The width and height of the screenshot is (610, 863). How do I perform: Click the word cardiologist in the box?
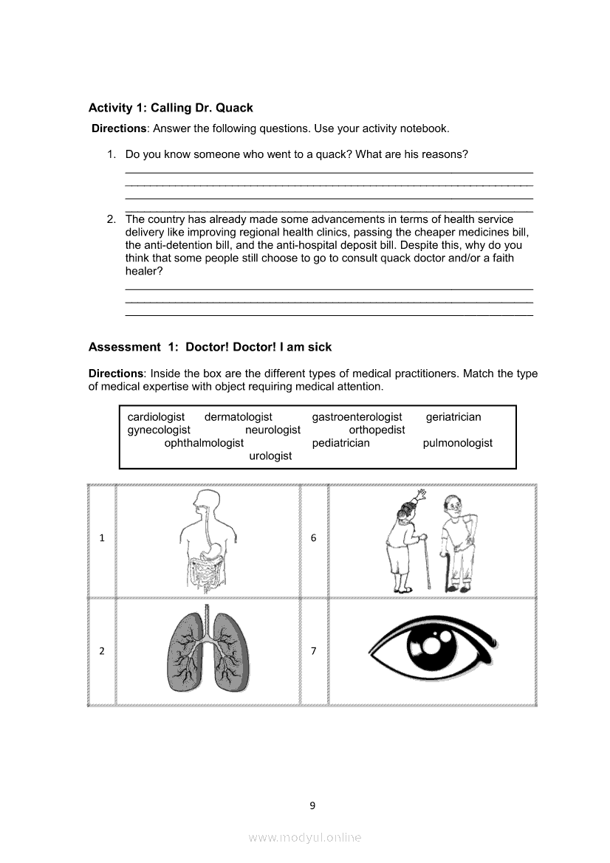156,417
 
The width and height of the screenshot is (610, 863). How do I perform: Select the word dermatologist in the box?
238,417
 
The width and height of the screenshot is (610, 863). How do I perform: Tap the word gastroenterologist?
357,417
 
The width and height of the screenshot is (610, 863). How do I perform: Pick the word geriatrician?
453,417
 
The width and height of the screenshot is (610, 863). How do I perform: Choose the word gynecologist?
159,430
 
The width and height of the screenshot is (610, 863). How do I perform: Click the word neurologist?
273,430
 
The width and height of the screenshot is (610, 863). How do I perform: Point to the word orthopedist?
377,430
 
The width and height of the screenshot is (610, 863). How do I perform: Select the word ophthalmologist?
204,443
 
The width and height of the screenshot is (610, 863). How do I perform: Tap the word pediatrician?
340,443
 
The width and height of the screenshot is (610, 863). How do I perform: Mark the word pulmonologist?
457,443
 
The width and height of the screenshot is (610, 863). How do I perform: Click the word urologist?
270,456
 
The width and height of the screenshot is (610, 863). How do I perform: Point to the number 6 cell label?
313,538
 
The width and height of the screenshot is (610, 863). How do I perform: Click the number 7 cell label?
313,651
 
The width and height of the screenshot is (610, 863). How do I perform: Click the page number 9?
312,805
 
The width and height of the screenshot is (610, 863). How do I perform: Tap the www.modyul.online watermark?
305,837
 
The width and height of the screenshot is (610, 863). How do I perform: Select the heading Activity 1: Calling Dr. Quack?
171,108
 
